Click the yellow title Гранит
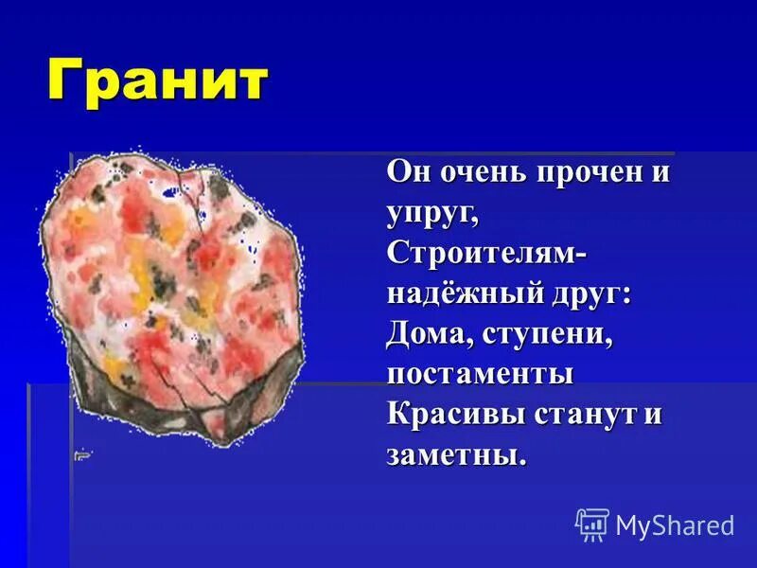[157, 83]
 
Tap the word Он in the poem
[406, 173]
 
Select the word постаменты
[480, 375]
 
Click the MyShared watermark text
[675, 525]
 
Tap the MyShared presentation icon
[592, 524]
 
